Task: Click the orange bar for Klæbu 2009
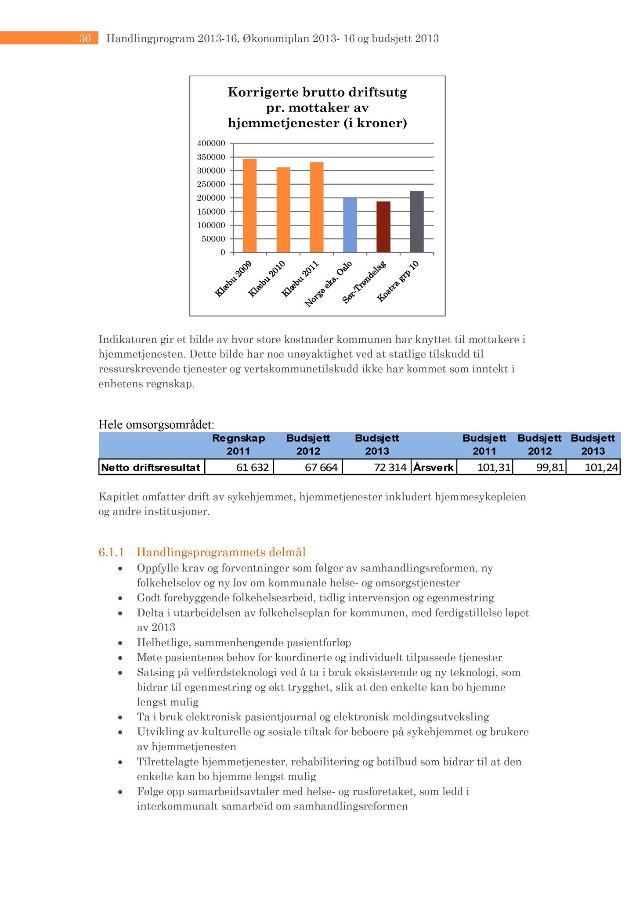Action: (249, 205)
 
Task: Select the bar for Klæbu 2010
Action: (283, 210)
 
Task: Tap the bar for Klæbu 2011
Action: (317, 207)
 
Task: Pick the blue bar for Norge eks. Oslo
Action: (350, 225)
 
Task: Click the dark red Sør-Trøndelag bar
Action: (383, 227)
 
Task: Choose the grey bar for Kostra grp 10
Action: (417, 222)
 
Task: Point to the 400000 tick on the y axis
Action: (211, 144)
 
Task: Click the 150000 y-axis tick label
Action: (211, 212)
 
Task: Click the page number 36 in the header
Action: (85, 39)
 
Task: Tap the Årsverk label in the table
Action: (434, 467)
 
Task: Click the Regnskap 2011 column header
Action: (238, 444)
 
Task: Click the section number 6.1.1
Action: (112, 552)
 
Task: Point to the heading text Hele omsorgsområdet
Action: (156, 424)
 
